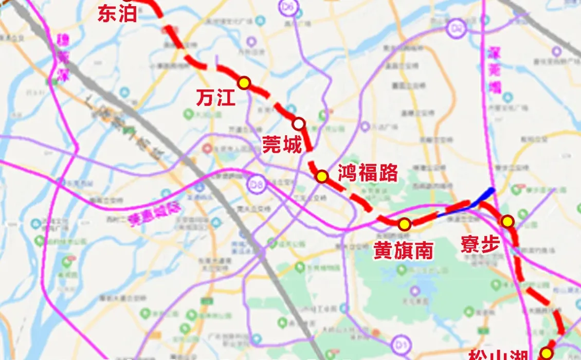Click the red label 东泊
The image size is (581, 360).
point(118,14)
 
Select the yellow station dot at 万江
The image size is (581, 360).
point(244,82)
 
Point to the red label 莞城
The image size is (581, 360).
point(282,145)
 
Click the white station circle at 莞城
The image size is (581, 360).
point(299,123)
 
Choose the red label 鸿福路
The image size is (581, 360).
point(368,173)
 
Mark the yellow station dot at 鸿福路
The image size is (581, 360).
point(322,176)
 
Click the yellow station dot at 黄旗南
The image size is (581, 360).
point(405,224)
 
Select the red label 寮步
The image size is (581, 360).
point(481,244)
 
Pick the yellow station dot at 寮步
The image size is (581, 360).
point(507,221)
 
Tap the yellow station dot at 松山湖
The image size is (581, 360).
point(546,353)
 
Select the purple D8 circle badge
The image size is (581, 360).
point(256,184)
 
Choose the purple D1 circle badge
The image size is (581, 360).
point(399,345)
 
